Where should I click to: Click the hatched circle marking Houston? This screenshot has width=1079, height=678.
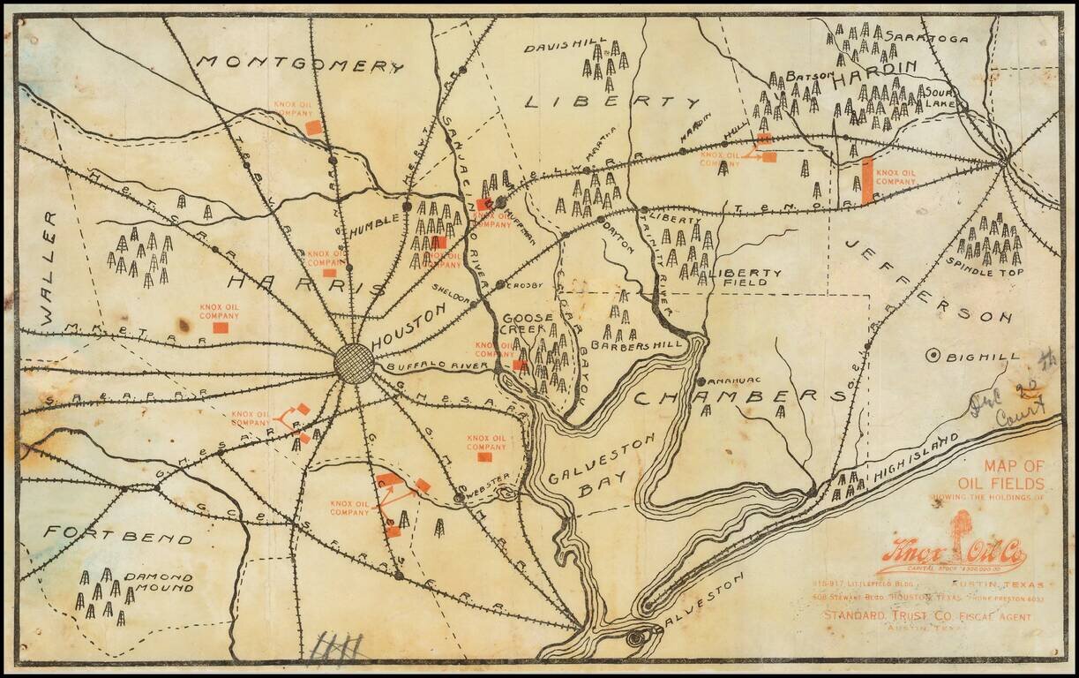tap(355, 363)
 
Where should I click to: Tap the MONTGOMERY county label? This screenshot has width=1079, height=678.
tap(300, 64)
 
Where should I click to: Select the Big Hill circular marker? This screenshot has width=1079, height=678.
tap(932, 356)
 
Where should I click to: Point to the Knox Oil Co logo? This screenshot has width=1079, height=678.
tap(952, 554)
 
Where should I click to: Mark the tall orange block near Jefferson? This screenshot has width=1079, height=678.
tap(867, 180)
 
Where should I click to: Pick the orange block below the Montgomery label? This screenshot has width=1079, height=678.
tap(312, 127)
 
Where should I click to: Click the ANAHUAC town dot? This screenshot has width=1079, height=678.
tap(701, 381)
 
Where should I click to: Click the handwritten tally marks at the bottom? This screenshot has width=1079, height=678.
tap(338, 647)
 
